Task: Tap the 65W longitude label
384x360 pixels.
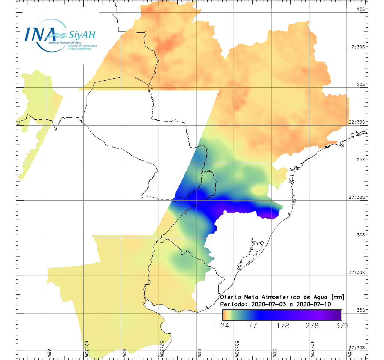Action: pos(49,353)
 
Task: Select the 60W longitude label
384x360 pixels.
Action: pos(124,353)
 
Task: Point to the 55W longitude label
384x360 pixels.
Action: pos(199,353)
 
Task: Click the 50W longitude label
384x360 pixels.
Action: pos(274,353)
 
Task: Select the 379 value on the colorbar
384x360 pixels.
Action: pos(341,325)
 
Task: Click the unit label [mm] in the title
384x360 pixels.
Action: pos(336,297)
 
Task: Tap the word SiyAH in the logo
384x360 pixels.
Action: pos(81,36)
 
